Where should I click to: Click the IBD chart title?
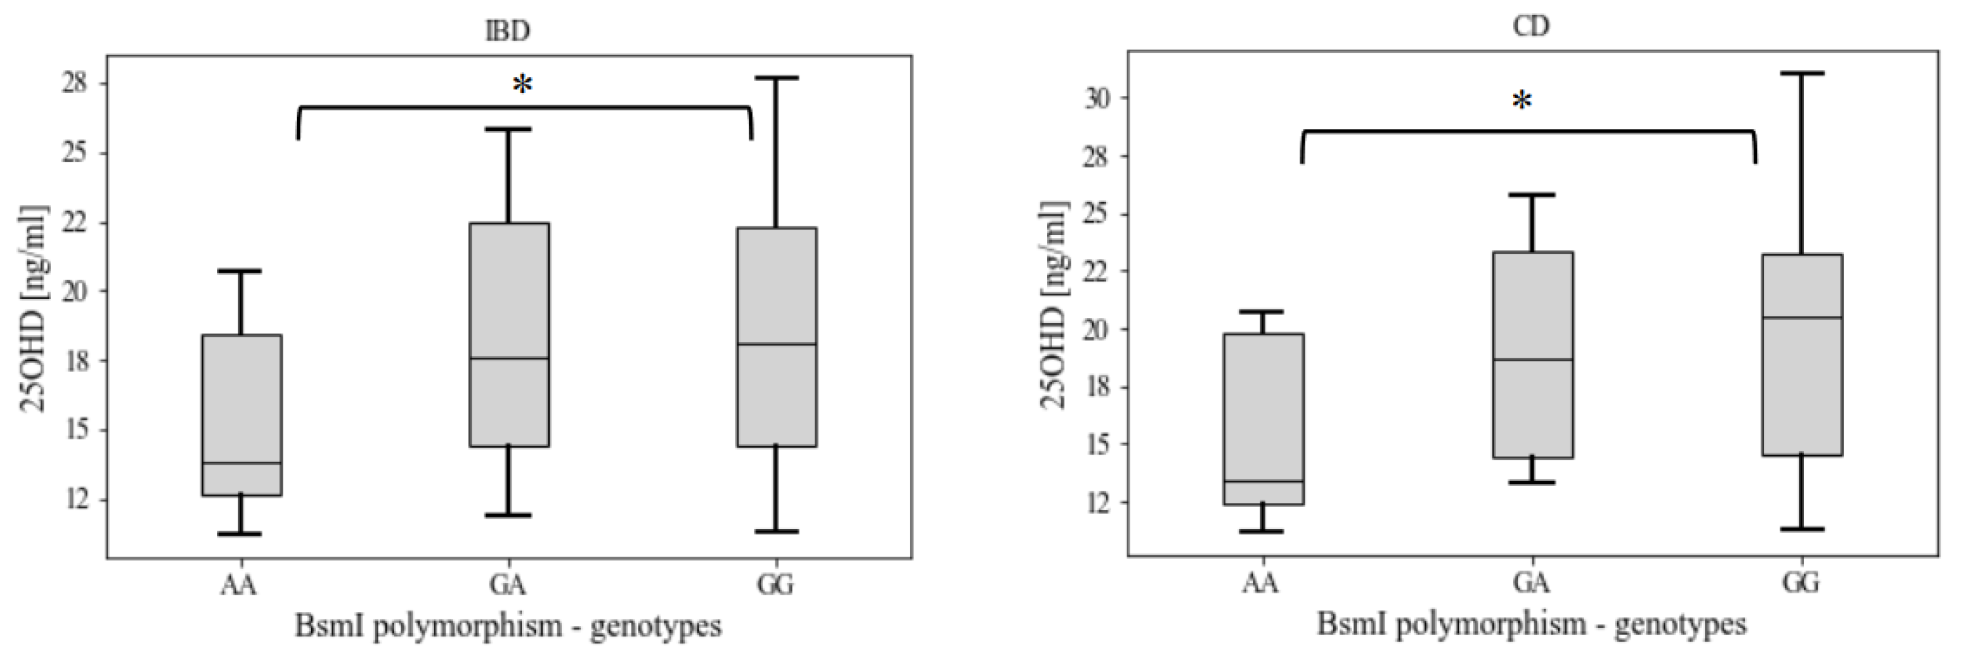(508, 31)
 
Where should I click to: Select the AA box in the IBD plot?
(241, 415)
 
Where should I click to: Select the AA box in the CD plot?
(1264, 419)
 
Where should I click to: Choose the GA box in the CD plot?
(1532, 355)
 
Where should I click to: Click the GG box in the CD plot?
(1801, 355)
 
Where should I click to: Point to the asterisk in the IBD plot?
(522, 85)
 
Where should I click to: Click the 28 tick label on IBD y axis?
(74, 82)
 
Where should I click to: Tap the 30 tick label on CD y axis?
(1098, 98)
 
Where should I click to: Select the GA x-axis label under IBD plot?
(508, 585)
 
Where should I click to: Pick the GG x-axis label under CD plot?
(1801, 582)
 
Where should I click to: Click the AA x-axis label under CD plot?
(1260, 582)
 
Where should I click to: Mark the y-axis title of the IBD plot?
(33, 309)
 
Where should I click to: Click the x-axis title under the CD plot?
(1532, 625)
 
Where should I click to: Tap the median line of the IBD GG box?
(777, 345)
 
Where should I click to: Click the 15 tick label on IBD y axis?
(74, 430)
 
